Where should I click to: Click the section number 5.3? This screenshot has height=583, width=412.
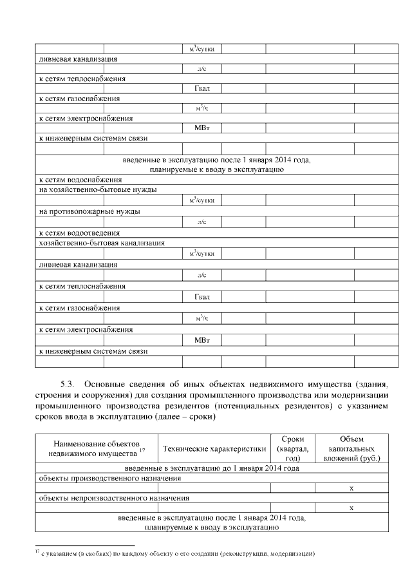68,378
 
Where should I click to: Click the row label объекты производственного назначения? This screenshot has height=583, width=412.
110,478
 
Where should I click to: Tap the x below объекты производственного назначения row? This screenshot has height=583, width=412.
351,488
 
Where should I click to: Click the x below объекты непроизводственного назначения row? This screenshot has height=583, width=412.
351,508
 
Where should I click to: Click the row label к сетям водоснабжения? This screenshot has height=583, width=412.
80,180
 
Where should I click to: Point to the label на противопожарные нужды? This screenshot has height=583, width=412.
90,211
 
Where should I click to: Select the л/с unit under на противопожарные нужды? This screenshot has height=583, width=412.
201,222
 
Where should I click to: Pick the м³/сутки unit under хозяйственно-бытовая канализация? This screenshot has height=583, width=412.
201,253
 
